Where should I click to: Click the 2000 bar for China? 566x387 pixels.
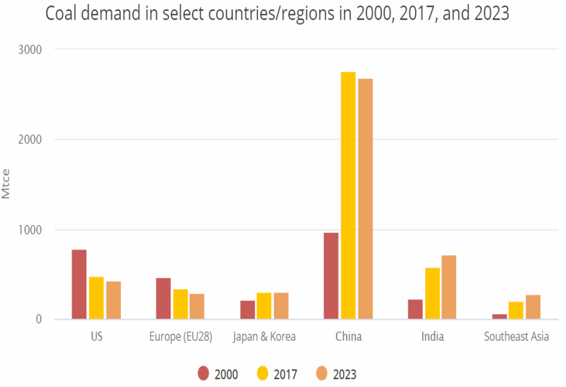point(331,276)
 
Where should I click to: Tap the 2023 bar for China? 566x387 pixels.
point(365,199)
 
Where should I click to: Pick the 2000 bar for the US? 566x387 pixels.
point(79,284)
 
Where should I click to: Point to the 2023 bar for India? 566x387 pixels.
point(449,287)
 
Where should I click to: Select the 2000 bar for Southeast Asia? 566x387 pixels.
point(499,316)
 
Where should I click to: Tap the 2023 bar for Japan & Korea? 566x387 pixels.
point(281,306)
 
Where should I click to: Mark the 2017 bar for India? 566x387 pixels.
point(432,293)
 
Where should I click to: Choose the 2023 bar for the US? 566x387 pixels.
point(113,300)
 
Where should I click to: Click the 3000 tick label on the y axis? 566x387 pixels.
point(31,49)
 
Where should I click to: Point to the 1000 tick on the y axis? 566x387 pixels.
point(31,230)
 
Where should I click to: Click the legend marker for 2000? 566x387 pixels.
point(204,374)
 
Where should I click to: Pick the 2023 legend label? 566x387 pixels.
point(344,375)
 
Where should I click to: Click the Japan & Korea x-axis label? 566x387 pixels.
point(264,337)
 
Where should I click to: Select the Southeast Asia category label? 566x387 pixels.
point(516,337)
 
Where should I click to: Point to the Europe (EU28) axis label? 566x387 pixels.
point(180,337)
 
